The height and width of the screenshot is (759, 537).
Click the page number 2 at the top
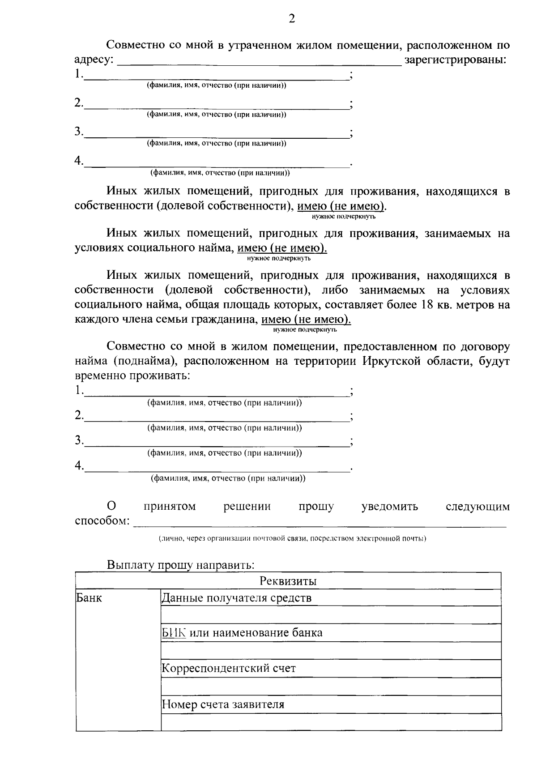tap(292, 19)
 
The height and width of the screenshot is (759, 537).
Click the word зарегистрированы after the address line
tap(455, 60)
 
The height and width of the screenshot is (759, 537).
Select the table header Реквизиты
tap(288, 581)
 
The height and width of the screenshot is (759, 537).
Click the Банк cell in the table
tap(89, 598)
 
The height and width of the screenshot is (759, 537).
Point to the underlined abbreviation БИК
tap(174, 633)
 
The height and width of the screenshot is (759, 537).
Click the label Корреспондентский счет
tap(229, 668)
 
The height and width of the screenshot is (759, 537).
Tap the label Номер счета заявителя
tap(223, 704)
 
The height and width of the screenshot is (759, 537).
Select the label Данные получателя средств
tap(236, 598)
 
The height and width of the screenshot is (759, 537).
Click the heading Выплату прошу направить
tap(180, 565)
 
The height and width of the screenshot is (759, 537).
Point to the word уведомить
tap(389, 506)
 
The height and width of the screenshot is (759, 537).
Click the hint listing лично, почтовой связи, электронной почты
tap(292, 538)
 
